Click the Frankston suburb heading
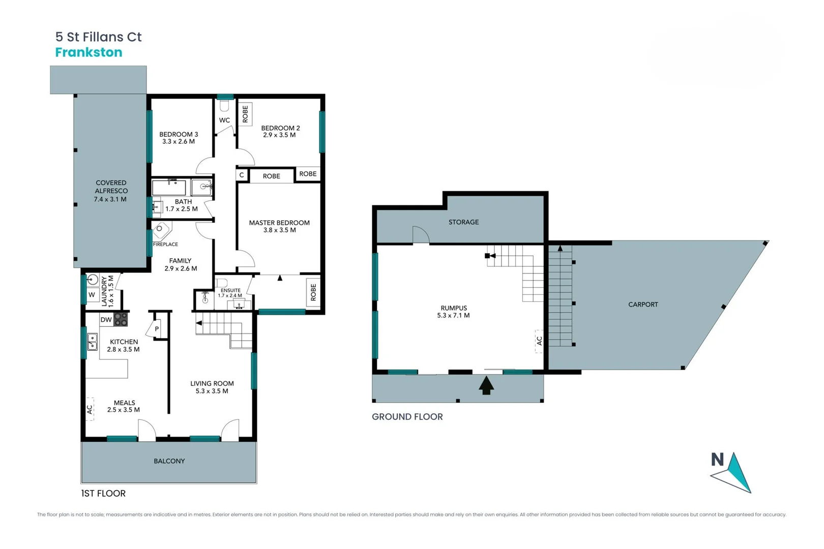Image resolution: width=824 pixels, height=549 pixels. pos(89,52)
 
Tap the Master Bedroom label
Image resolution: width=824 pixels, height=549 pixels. pos(279,223)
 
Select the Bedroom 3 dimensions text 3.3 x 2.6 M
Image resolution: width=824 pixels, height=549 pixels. pos(179,142)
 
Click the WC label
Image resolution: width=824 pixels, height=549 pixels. pos(224,120)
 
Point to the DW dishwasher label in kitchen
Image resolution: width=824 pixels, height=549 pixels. pos(106,320)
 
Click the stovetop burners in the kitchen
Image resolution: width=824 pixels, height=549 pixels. pos(121,319)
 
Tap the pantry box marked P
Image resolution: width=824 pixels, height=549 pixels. pos(157,329)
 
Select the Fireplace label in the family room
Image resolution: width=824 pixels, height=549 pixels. pos(165,245)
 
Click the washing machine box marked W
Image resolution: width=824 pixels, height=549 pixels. pos(92,295)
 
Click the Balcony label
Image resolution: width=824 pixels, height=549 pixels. pos(169,461)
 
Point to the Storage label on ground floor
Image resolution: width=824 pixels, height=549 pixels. pos(463,222)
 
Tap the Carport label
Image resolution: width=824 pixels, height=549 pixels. pos(643,304)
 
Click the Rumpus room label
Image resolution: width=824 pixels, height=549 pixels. pos(454,308)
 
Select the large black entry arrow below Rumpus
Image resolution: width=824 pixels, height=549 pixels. pos(486,385)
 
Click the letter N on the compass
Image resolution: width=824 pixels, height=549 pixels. pos(717,460)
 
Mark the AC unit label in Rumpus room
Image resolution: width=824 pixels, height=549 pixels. pos(539,341)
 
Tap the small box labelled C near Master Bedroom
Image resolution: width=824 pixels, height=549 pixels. pos(242,175)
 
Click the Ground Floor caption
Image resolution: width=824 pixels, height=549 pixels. pos(407,417)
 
